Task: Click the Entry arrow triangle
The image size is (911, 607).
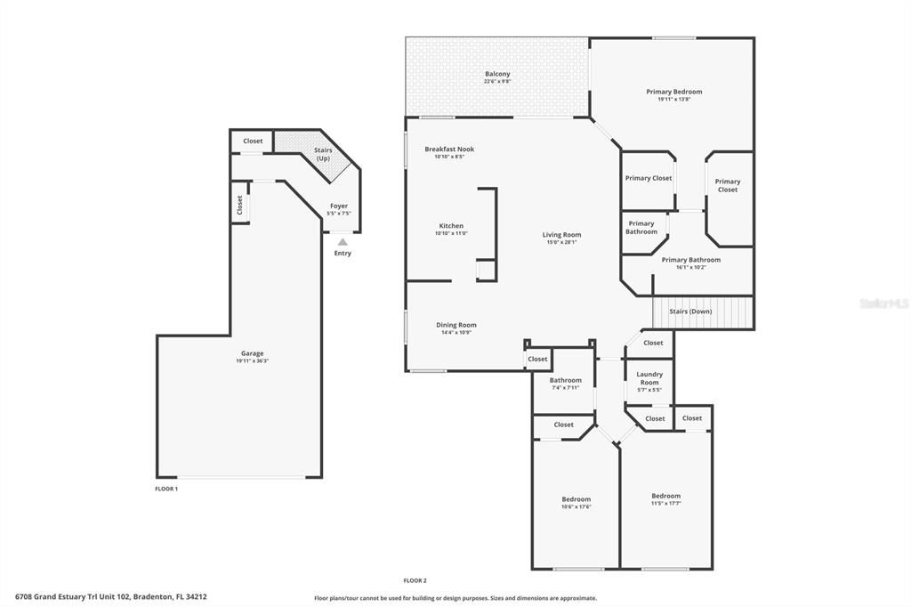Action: pyautogui.click(x=343, y=241)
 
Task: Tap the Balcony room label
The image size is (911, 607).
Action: pyautogui.click(x=497, y=74)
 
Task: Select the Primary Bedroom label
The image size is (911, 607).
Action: pyautogui.click(x=673, y=92)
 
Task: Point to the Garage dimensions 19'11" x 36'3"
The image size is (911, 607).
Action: pyautogui.click(x=252, y=360)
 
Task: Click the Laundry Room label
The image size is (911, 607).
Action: pyautogui.click(x=649, y=378)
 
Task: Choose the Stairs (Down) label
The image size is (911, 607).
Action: pyautogui.click(x=689, y=312)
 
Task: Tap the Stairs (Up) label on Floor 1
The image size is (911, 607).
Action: pyautogui.click(x=323, y=154)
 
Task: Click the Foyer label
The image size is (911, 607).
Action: pyautogui.click(x=339, y=206)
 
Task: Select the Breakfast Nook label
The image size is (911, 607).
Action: pyautogui.click(x=449, y=150)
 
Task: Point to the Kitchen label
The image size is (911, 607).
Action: pyautogui.click(x=451, y=226)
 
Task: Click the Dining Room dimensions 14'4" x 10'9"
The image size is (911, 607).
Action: pyautogui.click(x=455, y=333)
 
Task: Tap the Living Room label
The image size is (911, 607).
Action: pyautogui.click(x=561, y=235)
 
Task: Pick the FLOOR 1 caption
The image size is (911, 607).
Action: pyautogui.click(x=166, y=489)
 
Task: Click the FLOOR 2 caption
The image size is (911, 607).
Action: pyautogui.click(x=415, y=580)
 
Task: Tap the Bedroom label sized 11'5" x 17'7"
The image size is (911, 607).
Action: pyautogui.click(x=665, y=496)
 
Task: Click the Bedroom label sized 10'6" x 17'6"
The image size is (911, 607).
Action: pyautogui.click(x=576, y=499)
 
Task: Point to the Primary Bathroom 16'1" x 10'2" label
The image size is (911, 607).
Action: pyautogui.click(x=690, y=260)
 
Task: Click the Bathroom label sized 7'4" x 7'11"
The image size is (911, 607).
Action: pyautogui.click(x=565, y=380)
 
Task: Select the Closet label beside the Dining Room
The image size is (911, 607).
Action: pyautogui.click(x=537, y=359)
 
